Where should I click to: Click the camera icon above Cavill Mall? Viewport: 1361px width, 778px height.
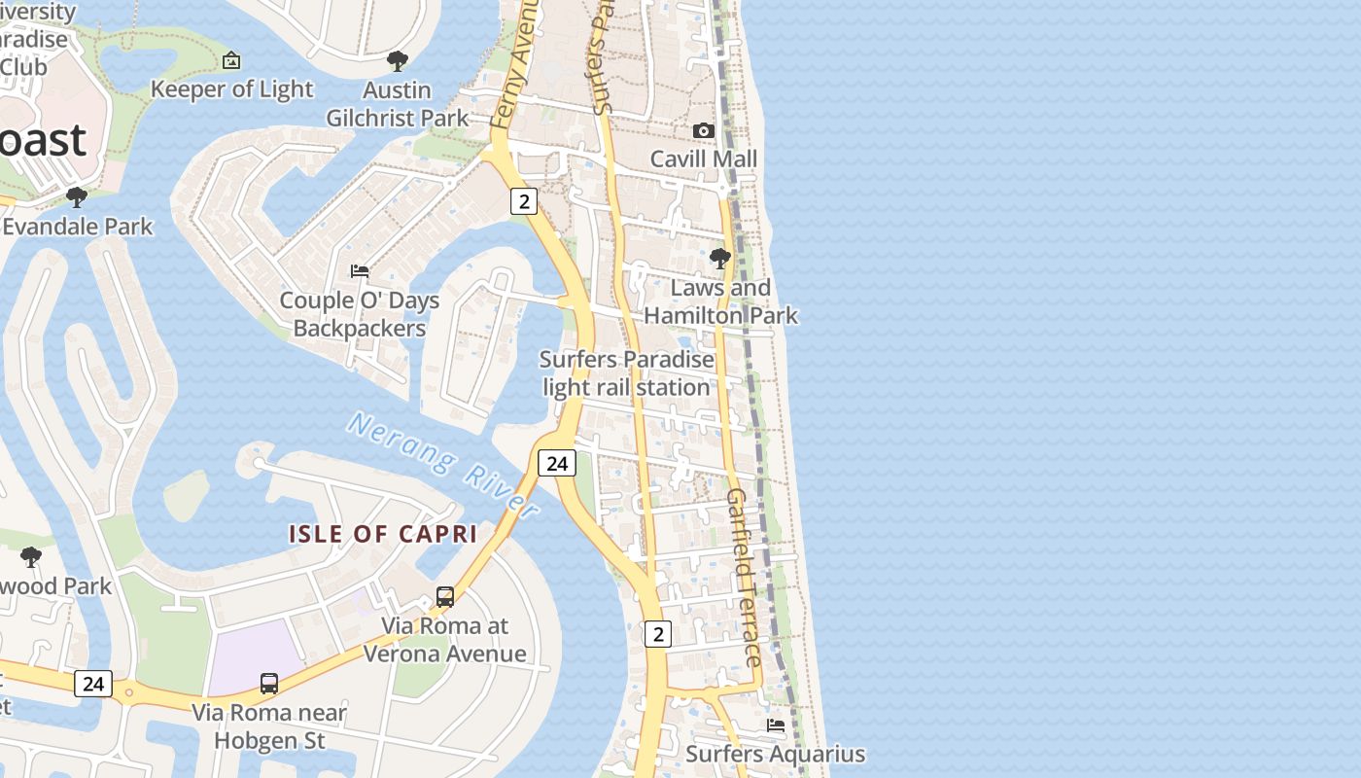[x=703, y=130]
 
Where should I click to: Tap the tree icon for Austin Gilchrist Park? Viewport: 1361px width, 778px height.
[x=397, y=62]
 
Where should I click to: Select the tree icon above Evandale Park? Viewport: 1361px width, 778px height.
[x=76, y=198]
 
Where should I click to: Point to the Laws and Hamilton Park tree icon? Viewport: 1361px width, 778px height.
[x=720, y=259]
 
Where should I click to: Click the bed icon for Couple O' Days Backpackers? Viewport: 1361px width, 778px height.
[x=360, y=271]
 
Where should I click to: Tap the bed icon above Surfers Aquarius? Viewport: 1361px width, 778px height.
[x=776, y=725]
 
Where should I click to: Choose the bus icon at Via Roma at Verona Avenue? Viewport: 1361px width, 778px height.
[x=445, y=597]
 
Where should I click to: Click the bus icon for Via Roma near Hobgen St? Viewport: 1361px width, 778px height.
[x=269, y=684]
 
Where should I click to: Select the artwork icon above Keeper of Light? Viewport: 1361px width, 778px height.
[x=231, y=61]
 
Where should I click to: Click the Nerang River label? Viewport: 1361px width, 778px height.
[x=442, y=464]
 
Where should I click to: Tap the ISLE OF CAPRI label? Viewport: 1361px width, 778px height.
[x=383, y=534]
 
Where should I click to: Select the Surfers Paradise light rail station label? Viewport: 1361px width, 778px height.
[x=627, y=373]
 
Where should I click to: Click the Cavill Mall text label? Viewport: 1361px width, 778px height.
[x=703, y=159]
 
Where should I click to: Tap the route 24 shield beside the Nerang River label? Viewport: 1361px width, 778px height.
[x=556, y=463]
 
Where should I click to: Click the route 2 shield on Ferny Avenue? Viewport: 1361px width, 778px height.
[x=524, y=201]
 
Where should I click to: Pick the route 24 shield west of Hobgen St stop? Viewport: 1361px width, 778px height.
[x=93, y=684]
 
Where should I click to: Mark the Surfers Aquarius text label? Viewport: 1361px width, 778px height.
[x=775, y=754]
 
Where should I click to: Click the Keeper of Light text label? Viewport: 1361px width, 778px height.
[x=232, y=89]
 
